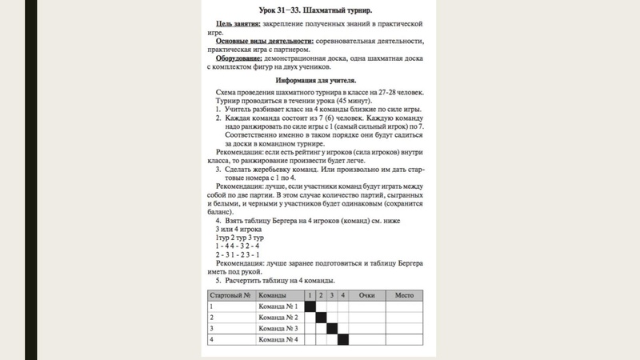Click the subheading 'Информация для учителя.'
tap(316, 81)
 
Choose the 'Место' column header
tap(403, 295)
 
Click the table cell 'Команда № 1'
tap(277, 306)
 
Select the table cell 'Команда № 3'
tap(277, 328)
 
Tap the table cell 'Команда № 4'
tap(277, 339)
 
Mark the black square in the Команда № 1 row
tap(310, 306)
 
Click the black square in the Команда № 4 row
tap(342, 339)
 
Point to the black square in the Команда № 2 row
tap(321, 318)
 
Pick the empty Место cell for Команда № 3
tap(403, 328)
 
